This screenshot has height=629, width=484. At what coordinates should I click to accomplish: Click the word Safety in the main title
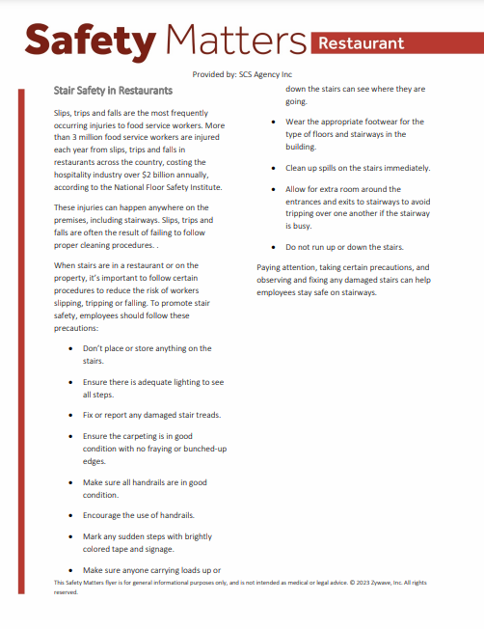point(90,41)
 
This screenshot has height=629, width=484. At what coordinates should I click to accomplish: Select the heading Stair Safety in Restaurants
point(113,91)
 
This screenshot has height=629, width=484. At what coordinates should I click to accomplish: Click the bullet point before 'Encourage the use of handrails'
point(70,515)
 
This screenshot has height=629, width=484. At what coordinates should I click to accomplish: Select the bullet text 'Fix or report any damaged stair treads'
point(151,415)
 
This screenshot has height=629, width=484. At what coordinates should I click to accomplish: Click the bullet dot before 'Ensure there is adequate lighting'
point(70,382)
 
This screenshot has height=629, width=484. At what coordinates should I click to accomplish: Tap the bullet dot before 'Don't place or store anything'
point(70,348)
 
